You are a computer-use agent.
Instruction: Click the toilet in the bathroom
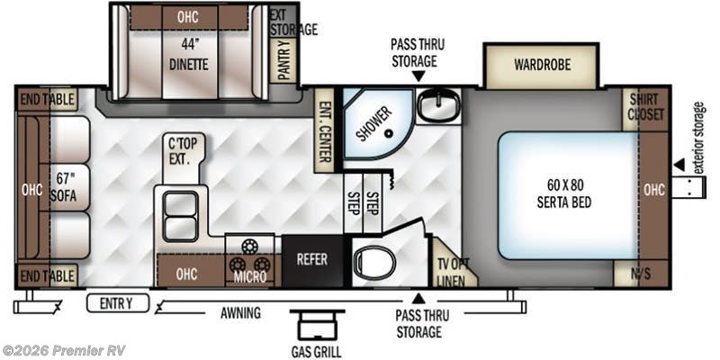[370, 262]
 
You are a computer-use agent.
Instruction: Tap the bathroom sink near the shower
[438, 106]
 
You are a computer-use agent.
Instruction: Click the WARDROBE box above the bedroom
[542, 65]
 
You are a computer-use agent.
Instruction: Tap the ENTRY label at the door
[117, 303]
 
